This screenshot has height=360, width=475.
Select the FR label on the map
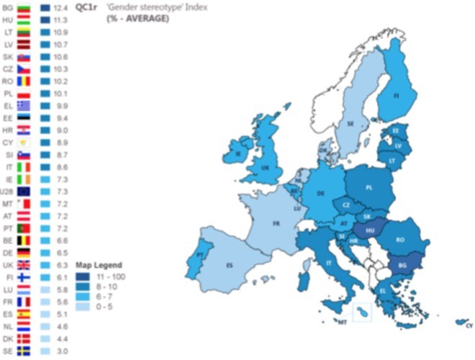pos(276,223)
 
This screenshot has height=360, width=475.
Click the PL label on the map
pos(369,187)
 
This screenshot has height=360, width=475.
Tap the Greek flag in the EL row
pos(24,105)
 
